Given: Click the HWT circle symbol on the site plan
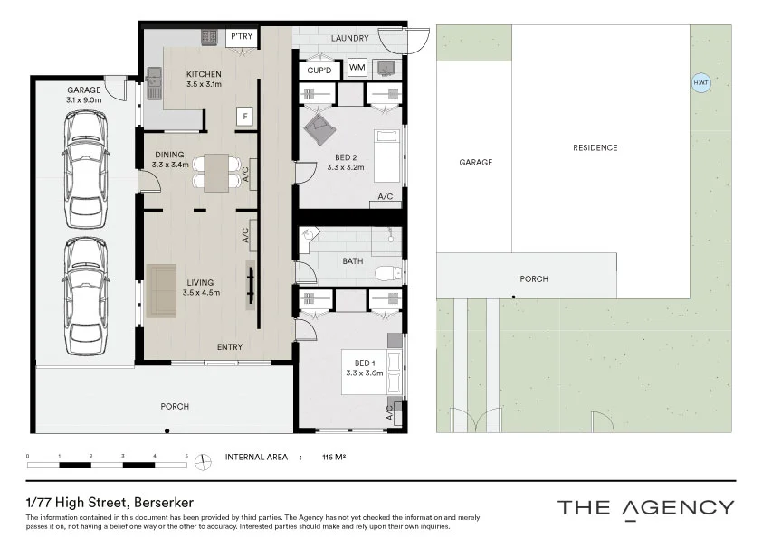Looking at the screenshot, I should click(700, 82).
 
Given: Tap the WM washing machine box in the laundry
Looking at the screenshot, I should click(357, 68).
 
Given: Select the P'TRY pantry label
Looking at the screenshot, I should click(240, 37).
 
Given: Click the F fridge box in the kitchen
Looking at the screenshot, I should click(243, 116).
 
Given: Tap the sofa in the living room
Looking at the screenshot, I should click(162, 290).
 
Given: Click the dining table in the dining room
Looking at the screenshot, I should click(216, 173).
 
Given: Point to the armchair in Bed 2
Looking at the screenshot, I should click(319, 129).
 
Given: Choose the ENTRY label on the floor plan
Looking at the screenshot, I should click(230, 347).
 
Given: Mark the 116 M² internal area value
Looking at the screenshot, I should click(334, 458).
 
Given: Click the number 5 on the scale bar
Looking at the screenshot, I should click(186, 456).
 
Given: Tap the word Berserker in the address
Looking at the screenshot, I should click(165, 502).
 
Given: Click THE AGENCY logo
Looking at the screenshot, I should click(645, 507).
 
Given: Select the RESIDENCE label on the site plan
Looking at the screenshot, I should click(595, 147).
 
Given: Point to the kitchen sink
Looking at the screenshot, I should click(153, 86).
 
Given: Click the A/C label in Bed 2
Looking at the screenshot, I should click(385, 196).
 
